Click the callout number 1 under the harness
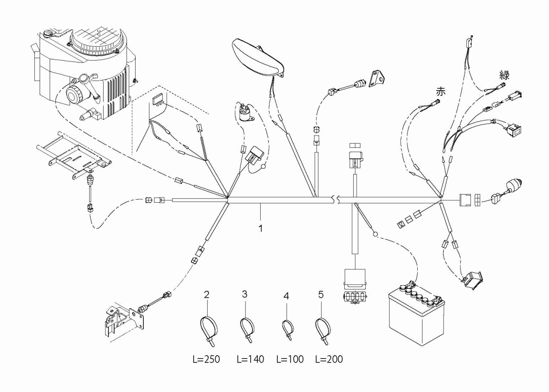coord(261,228)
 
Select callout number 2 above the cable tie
coord(207,295)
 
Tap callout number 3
coord(244,294)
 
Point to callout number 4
coord(286,296)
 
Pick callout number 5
coord(321,294)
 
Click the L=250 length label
coord(206,359)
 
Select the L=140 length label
coord(250,359)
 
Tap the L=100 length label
coord(290,359)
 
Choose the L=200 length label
coord(329,359)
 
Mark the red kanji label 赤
coord(441,92)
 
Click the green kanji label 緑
coord(504,75)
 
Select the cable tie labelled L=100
coord(288,329)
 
